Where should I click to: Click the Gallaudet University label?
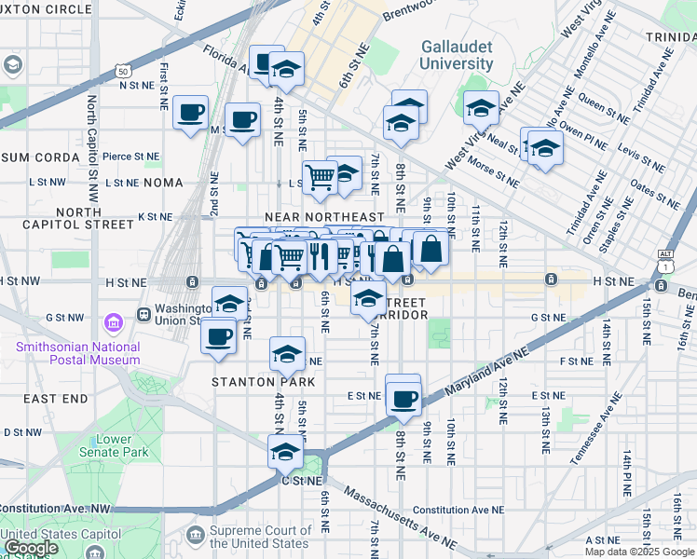pos(457,55)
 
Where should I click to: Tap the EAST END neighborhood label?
pos(56,399)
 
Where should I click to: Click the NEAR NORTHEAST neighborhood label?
pos(324,216)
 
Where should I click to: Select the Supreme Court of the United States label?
pos(259,537)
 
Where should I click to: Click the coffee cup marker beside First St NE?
pos(192,112)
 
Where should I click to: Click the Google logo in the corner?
pos(31,548)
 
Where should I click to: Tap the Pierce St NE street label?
pos(130,157)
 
